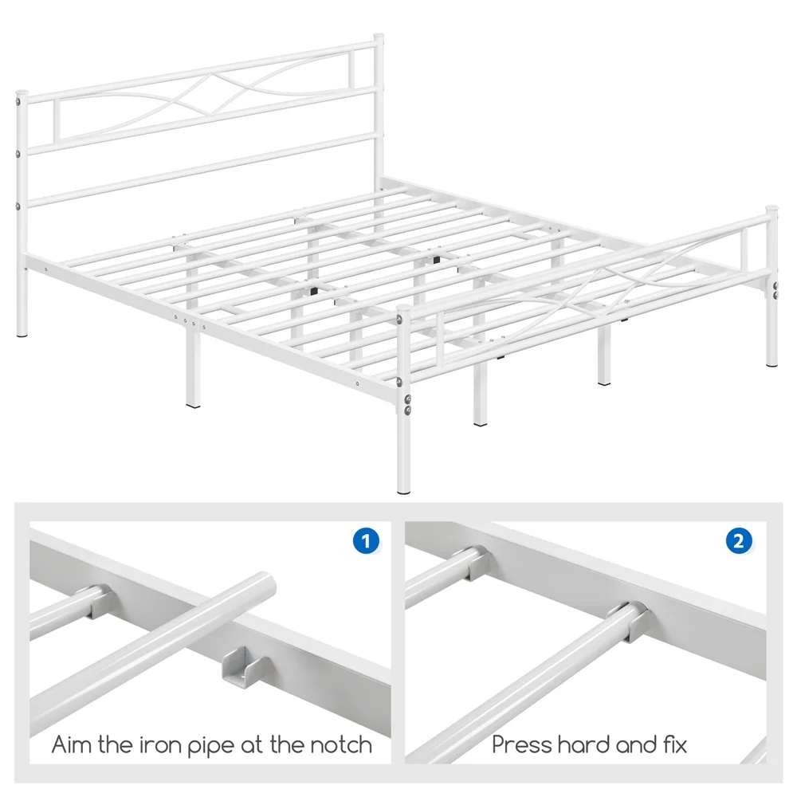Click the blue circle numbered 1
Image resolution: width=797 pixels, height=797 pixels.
click(x=366, y=540)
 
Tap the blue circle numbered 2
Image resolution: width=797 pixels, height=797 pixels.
click(x=739, y=540)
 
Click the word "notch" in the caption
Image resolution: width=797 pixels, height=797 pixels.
click(x=341, y=745)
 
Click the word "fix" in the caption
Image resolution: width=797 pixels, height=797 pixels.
click(x=675, y=744)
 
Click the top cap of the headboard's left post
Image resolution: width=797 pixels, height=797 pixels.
click(x=22, y=94)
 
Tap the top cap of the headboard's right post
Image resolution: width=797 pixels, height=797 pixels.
click(x=379, y=37)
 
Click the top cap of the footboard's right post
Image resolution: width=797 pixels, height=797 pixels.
click(x=771, y=208)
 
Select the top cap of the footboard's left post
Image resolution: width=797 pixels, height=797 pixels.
click(x=402, y=308)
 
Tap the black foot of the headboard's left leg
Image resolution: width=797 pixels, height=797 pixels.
click(x=22, y=335)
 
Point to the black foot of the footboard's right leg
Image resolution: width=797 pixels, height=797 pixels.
click(x=771, y=364)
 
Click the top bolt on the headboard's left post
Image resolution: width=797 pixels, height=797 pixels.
click(x=19, y=103)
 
